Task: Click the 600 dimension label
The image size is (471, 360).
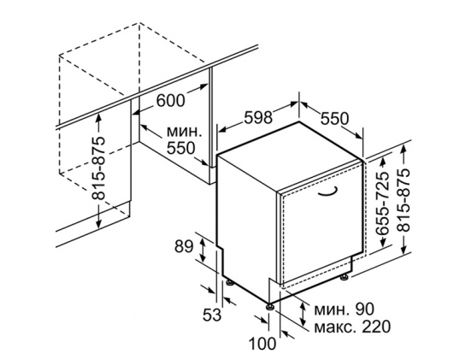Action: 170,100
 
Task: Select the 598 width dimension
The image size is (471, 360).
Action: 258,117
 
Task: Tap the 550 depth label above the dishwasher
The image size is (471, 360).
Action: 334,118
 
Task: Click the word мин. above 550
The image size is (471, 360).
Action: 184,131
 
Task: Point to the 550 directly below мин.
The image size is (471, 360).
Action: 181,148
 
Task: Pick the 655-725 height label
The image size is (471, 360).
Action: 382,204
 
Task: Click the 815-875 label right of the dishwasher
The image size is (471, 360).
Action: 403,200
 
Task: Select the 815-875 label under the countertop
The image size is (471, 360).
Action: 99,168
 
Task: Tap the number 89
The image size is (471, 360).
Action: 184,247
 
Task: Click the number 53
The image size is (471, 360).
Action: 212,315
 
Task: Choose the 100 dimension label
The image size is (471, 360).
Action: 262,344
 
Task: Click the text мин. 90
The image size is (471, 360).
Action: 344,309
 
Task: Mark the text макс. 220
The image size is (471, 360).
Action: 352,327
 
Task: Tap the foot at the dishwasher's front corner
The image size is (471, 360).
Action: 269,306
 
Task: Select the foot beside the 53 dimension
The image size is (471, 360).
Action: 231,282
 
